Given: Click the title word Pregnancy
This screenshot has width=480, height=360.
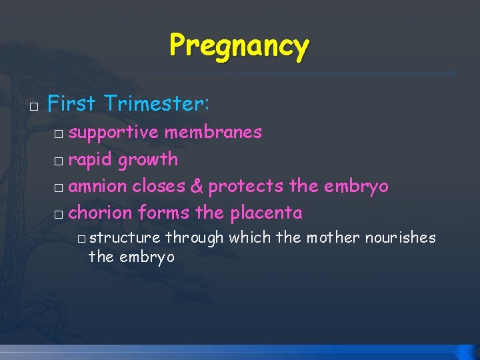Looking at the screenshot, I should click(x=239, y=46).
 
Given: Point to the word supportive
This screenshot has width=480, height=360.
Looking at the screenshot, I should click(x=113, y=132).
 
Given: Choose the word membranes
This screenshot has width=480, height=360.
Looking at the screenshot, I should click(x=213, y=132).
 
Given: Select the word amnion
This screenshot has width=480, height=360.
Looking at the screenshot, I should click(x=98, y=186).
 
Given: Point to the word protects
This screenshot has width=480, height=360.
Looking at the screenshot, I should click(x=246, y=186).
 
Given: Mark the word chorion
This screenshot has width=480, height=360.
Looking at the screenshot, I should click(x=101, y=213).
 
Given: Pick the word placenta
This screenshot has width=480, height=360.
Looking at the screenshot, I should click(x=266, y=213).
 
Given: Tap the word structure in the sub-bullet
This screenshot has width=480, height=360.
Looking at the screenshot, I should click(x=125, y=238).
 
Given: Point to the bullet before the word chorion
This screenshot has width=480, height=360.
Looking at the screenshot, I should click(x=59, y=215).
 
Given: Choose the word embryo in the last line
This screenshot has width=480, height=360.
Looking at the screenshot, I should click(x=146, y=257).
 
